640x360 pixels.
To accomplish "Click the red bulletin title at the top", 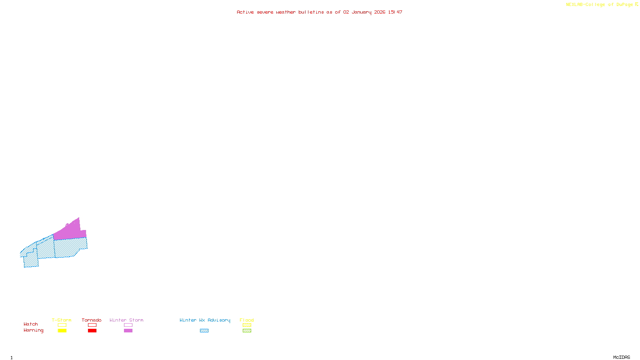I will click(319, 12).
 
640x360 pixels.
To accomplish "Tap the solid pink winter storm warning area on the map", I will click(70, 231).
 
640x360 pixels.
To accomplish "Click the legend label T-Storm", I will click(62, 320).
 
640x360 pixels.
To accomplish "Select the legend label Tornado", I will click(92, 320).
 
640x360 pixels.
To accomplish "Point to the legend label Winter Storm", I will click(126, 320).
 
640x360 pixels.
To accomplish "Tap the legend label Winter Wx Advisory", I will click(205, 320).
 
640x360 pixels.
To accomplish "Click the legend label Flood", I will click(247, 320).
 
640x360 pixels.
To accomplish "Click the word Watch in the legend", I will click(31, 324).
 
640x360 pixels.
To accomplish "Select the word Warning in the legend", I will click(34, 330).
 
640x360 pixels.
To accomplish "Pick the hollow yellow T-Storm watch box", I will click(62, 325).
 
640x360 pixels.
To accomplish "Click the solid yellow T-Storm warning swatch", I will click(62, 331).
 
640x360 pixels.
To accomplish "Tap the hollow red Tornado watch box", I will click(92, 325).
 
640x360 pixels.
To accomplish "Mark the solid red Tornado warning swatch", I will click(92, 331).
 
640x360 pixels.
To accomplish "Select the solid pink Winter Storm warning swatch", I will click(128, 331).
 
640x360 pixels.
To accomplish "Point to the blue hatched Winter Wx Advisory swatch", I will click(204, 331).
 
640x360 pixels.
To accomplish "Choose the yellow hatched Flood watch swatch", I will click(247, 325).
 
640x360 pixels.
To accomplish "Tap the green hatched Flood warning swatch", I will click(247, 331).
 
